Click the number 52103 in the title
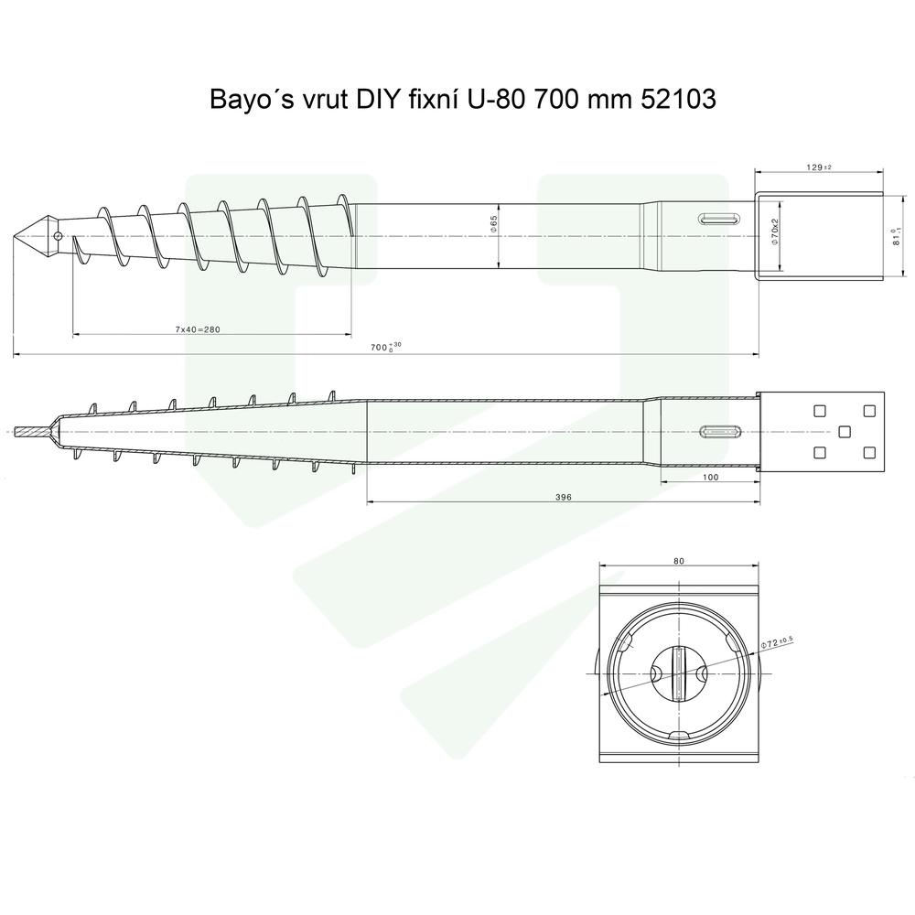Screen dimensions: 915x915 click(674, 100)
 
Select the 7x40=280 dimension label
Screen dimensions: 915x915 click(211, 328)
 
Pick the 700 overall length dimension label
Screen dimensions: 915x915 click(383, 347)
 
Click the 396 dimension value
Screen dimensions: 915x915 click(564, 496)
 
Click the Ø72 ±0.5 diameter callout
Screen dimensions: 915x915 click(779, 643)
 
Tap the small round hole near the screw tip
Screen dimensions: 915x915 click(58, 235)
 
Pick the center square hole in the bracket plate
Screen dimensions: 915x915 click(844, 431)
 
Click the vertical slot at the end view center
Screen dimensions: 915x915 click(678, 673)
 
